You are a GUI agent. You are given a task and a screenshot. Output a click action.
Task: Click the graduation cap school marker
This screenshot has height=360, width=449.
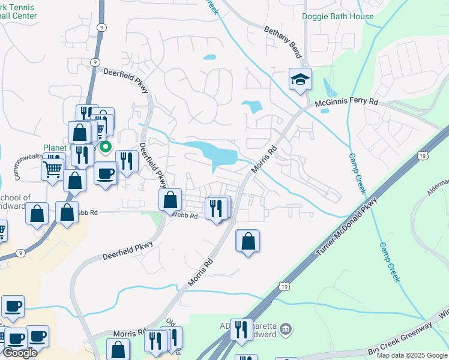[300, 79]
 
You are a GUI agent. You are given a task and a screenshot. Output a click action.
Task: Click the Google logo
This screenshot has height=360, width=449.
[20, 353]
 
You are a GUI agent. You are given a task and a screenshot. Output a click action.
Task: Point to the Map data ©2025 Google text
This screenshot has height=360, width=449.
[412, 355]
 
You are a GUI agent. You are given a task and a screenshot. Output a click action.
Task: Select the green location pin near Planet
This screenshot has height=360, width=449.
[106, 146]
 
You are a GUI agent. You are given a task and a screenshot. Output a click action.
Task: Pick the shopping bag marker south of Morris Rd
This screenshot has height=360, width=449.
[248, 242]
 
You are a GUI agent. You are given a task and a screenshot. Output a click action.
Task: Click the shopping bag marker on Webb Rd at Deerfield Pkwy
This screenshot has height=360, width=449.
[171, 199]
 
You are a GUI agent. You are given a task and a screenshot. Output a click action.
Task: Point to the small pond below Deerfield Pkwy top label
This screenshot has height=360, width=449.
[209, 58]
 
